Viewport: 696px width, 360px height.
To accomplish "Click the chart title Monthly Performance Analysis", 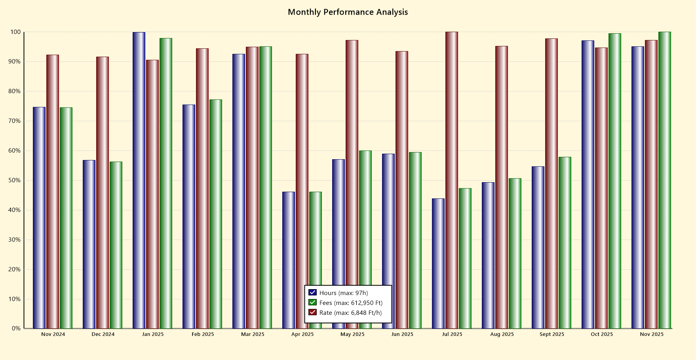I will [348, 12].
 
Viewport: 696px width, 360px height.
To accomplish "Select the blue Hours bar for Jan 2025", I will [139, 180].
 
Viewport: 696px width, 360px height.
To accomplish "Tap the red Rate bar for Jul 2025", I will [451, 180].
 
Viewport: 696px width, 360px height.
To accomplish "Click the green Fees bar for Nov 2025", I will [664, 180].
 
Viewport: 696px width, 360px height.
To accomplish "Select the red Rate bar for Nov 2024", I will [52, 192].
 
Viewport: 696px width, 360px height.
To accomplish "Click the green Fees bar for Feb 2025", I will [215, 214].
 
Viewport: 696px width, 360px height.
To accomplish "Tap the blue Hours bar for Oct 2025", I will [588, 184].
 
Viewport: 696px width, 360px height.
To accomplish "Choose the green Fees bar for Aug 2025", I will [515, 253].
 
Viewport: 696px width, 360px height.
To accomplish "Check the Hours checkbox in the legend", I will [312, 293].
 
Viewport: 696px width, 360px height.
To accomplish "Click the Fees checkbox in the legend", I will [312, 303].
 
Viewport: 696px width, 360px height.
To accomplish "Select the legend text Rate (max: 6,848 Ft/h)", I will [350, 312].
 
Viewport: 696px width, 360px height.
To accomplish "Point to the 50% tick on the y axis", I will [14, 180].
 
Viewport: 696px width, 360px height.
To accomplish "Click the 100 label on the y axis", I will [15, 32].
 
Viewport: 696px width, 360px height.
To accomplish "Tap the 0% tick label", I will [16, 328].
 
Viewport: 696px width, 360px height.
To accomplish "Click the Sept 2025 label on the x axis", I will [551, 334].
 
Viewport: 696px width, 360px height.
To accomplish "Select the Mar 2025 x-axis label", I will [252, 334].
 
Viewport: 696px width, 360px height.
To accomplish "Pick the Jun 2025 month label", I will [402, 334].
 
